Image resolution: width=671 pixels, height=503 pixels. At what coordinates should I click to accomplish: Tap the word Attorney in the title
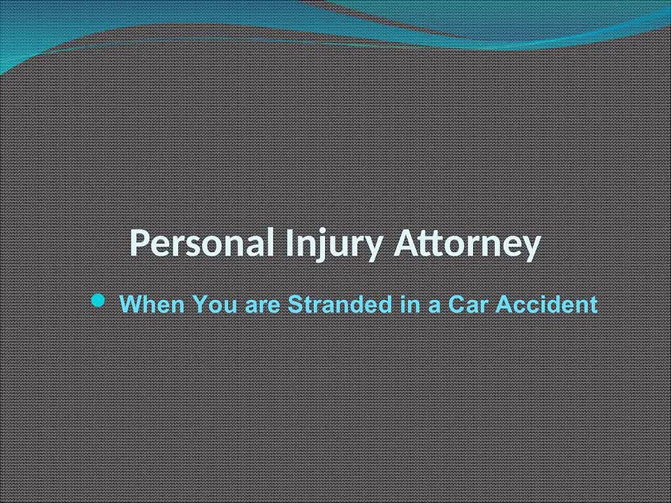coord(468,245)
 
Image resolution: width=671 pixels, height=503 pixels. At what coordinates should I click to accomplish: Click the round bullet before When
coord(99,302)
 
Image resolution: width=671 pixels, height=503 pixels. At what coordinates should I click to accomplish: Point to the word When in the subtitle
coord(152,305)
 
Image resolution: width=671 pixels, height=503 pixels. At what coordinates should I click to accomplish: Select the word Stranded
coord(340,305)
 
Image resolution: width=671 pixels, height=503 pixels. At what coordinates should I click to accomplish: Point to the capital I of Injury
coord(289,245)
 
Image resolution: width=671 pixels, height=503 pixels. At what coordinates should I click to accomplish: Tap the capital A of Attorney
coord(407,245)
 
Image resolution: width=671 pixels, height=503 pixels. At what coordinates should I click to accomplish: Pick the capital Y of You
coord(199,305)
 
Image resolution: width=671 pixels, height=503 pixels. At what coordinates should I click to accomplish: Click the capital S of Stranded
coord(295,305)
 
